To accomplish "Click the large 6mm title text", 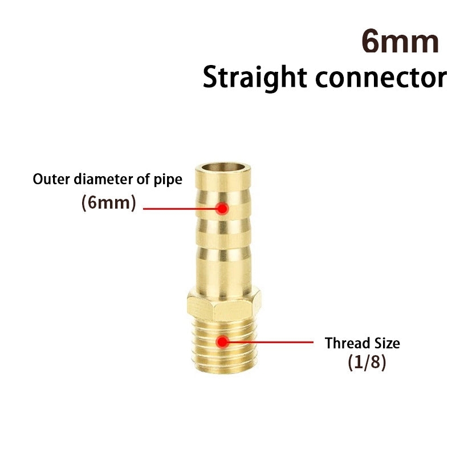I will (x=400, y=43).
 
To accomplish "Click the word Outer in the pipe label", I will (x=47, y=180).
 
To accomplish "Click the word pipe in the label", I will (x=169, y=180).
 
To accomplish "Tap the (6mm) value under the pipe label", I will (x=109, y=203).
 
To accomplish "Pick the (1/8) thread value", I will (x=367, y=364).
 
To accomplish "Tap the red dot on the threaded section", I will (x=222, y=341).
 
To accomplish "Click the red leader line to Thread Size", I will (x=268, y=342).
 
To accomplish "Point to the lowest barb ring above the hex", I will (x=223, y=268).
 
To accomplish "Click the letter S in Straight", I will (x=212, y=78).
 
